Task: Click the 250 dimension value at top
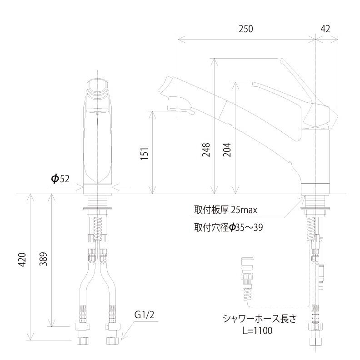(245, 29)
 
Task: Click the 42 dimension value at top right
(325, 29)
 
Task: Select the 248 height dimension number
(206, 150)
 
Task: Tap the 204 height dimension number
(227, 150)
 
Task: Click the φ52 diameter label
(60, 179)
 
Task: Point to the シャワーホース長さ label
(259, 318)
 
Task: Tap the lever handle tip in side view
(283, 62)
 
